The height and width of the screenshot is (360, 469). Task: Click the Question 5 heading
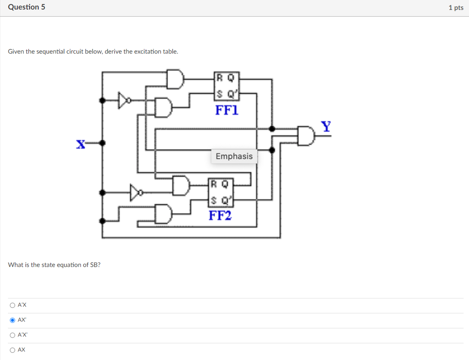27,7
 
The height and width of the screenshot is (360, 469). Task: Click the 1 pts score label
456,8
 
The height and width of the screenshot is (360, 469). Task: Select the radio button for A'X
12,305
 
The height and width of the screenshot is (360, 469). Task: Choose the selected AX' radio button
12,320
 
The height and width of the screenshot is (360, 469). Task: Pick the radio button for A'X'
12,335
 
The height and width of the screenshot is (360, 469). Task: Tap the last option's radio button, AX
12,350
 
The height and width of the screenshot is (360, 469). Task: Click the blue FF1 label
227,110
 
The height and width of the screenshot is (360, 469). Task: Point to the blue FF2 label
220,216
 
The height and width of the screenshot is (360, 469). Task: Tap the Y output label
326,127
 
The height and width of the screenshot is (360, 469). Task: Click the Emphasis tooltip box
234,156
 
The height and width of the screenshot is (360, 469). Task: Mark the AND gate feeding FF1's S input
164,108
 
